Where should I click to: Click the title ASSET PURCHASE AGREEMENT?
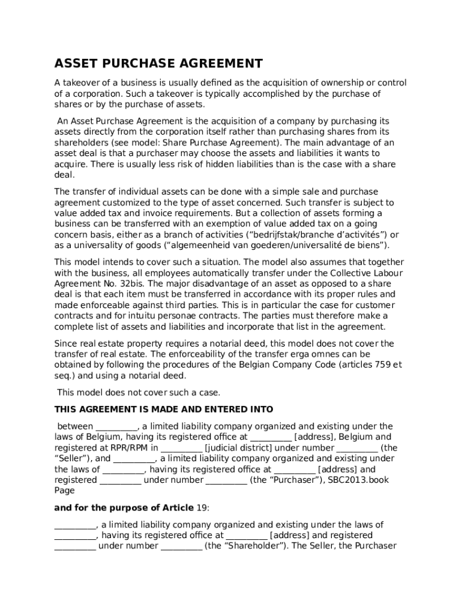coord(158,64)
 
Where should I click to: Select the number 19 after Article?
coord(202,507)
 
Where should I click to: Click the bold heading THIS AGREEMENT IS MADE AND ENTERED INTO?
coord(164,410)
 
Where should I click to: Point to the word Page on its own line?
coord(64,491)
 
